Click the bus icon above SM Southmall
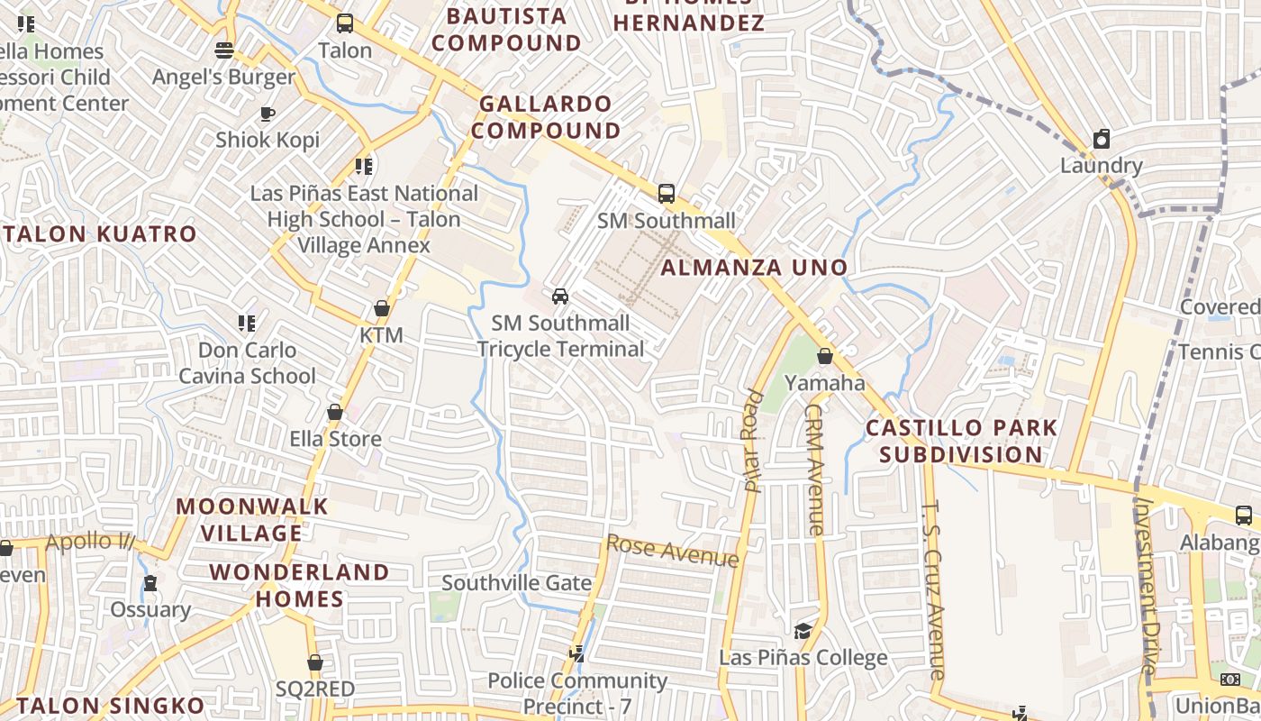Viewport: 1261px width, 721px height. click(x=666, y=193)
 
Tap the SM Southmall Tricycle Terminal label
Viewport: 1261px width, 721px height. click(x=560, y=335)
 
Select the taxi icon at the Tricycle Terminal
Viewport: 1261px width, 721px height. click(x=560, y=296)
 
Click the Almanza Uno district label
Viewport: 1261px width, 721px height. click(x=754, y=267)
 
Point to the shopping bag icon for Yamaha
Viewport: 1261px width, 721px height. click(x=824, y=356)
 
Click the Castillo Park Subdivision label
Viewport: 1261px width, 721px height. click(x=961, y=441)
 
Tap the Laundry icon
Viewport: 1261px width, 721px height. click(x=1101, y=139)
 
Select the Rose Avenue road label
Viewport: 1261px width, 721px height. click(x=672, y=551)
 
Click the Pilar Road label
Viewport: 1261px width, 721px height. click(x=752, y=441)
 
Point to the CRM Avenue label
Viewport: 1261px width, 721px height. click(x=814, y=469)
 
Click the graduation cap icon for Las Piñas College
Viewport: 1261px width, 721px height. click(x=803, y=631)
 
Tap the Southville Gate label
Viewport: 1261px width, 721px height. click(x=516, y=583)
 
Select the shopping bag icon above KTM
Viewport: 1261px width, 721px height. click(x=381, y=308)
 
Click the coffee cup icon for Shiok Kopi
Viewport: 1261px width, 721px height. click(x=267, y=114)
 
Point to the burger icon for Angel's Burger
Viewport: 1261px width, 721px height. click(x=223, y=50)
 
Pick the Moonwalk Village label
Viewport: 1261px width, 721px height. click(x=251, y=519)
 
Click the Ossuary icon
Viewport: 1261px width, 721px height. click(x=150, y=583)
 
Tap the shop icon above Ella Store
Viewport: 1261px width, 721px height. click(x=335, y=412)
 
